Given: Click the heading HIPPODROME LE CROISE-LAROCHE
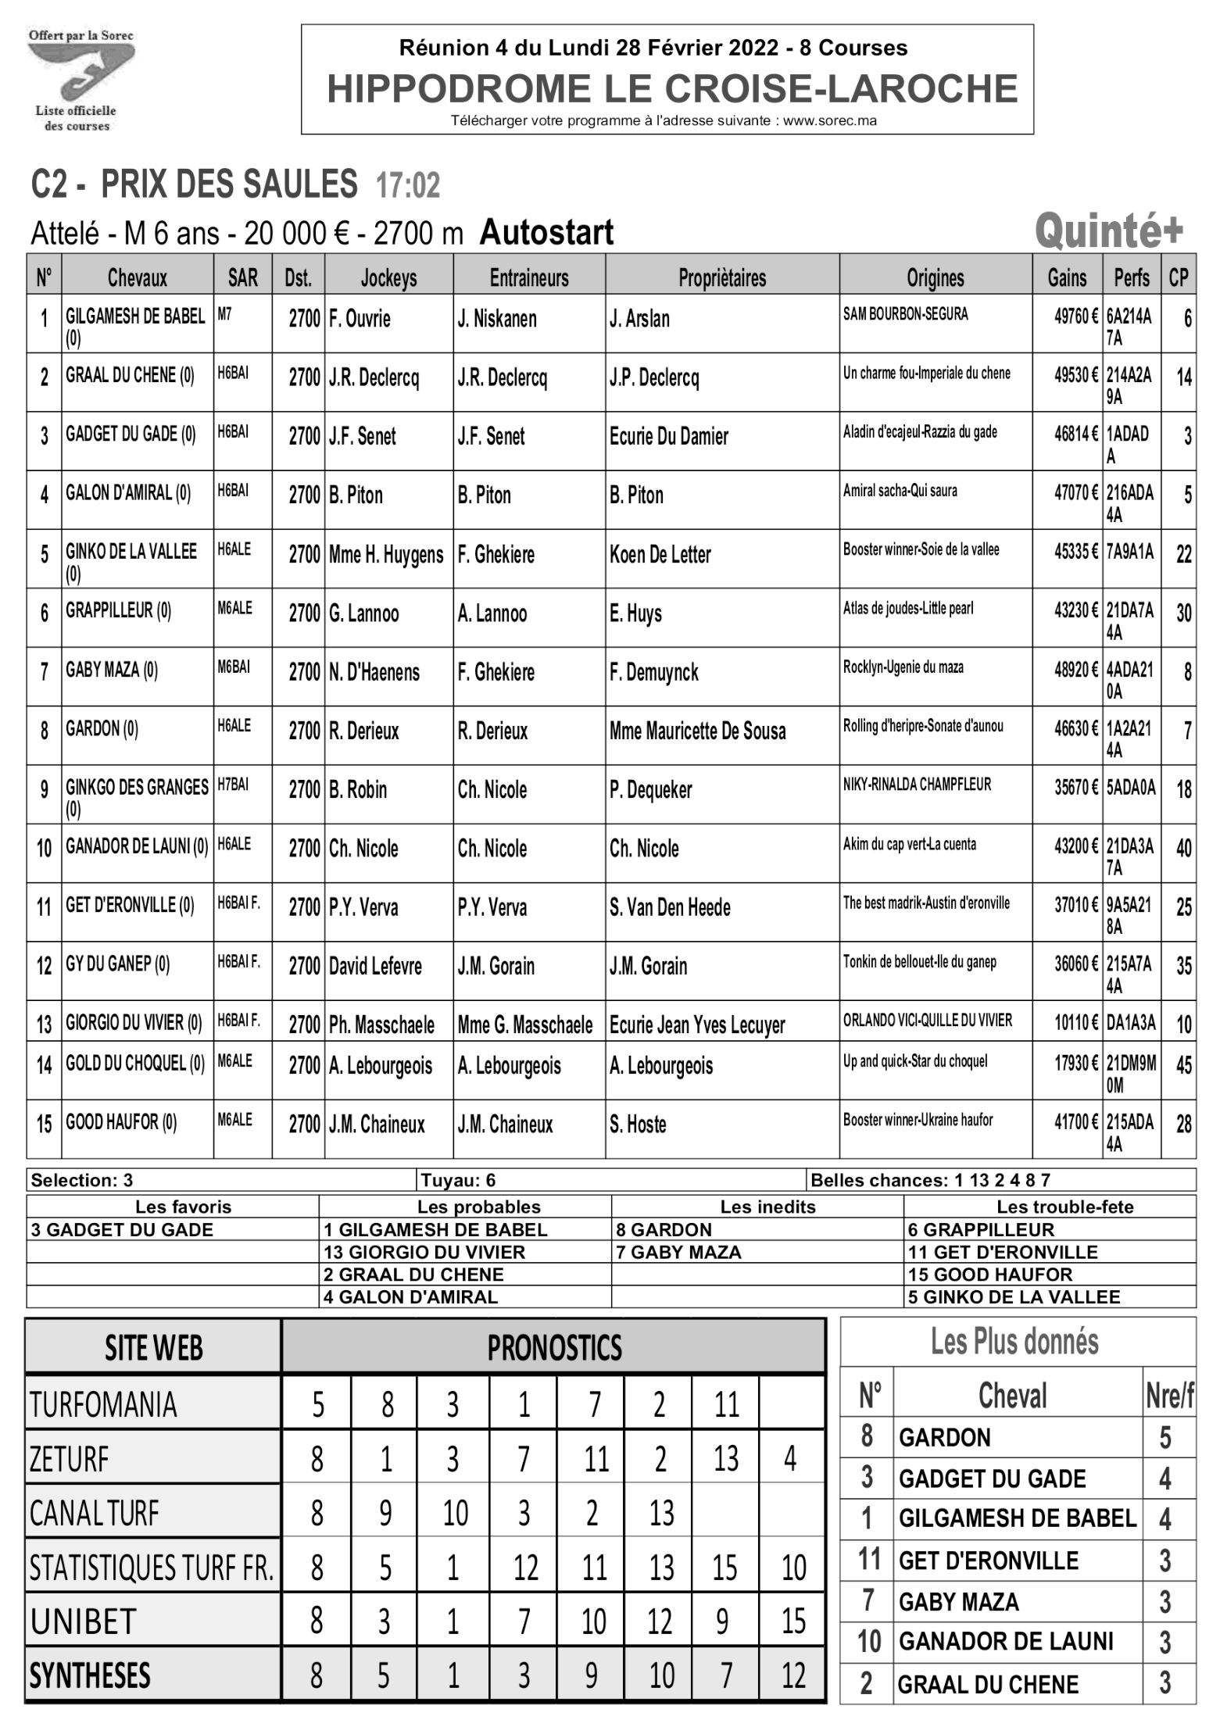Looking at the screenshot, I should (x=671, y=88).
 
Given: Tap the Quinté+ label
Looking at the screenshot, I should (x=1108, y=231).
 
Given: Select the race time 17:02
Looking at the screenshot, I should (x=407, y=186).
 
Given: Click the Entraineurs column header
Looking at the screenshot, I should (x=528, y=277).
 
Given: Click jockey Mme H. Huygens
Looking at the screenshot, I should (x=386, y=555).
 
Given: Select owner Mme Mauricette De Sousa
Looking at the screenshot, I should (x=697, y=731).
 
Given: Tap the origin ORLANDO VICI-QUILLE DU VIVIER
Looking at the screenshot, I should (x=927, y=1020).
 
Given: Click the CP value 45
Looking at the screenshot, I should (x=1183, y=1065).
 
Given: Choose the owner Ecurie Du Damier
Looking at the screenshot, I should (x=668, y=436).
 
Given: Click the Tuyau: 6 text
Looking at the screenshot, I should (x=458, y=1180).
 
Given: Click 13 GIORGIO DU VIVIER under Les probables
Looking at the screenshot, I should (x=424, y=1252).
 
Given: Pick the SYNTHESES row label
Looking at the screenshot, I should (x=90, y=1675).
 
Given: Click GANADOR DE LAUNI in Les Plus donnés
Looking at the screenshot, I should (x=1005, y=1641).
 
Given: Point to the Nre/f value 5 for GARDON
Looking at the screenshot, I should (x=1165, y=1438).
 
